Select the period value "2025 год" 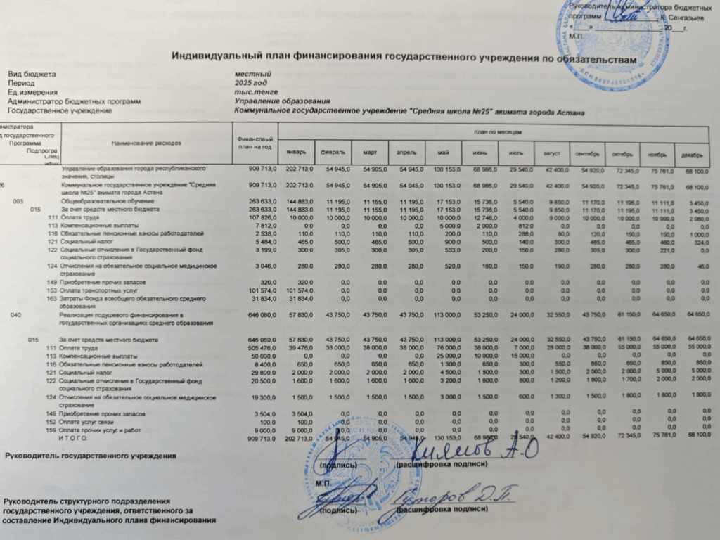tap(251, 84)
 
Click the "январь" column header tap(296, 152)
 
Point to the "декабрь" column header tap(691, 154)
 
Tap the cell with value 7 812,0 tap(263, 225)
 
